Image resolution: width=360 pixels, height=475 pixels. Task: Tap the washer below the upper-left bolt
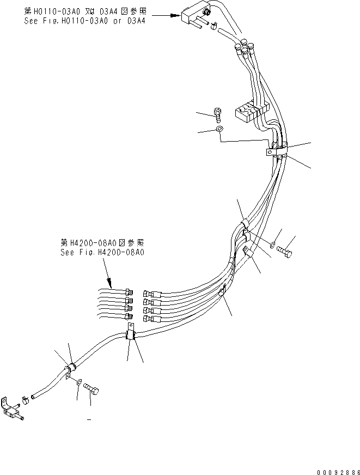219,130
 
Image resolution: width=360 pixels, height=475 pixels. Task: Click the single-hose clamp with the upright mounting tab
131,333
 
